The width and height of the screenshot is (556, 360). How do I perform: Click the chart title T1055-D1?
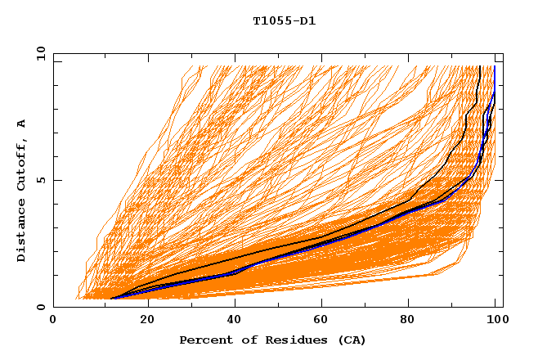(284, 21)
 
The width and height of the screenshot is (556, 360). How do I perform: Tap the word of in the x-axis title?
(244, 340)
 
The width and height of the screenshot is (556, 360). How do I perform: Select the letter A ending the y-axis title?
(22, 124)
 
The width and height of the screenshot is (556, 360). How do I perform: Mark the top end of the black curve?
(478, 67)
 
